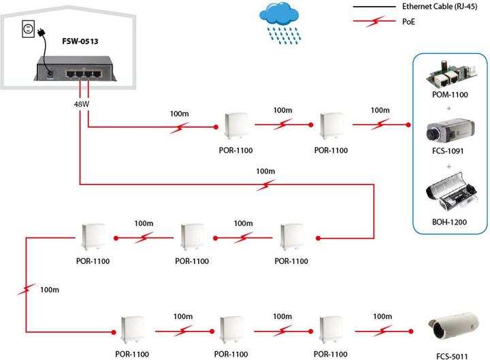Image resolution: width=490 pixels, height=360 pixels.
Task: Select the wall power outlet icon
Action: [x=29, y=28]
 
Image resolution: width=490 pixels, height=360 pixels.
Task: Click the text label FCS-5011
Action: [x=453, y=355]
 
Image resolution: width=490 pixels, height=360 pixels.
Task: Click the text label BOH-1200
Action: [x=450, y=221]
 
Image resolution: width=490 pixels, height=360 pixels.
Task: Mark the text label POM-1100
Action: [x=450, y=95]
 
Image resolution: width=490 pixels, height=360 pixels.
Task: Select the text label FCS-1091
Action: [x=450, y=151]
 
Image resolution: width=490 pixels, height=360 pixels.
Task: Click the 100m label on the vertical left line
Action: [x=50, y=289]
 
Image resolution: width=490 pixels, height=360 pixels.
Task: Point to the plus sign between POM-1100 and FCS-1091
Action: [x=450, y=107]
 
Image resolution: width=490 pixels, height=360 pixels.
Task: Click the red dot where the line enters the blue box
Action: [x=408, y=125]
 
